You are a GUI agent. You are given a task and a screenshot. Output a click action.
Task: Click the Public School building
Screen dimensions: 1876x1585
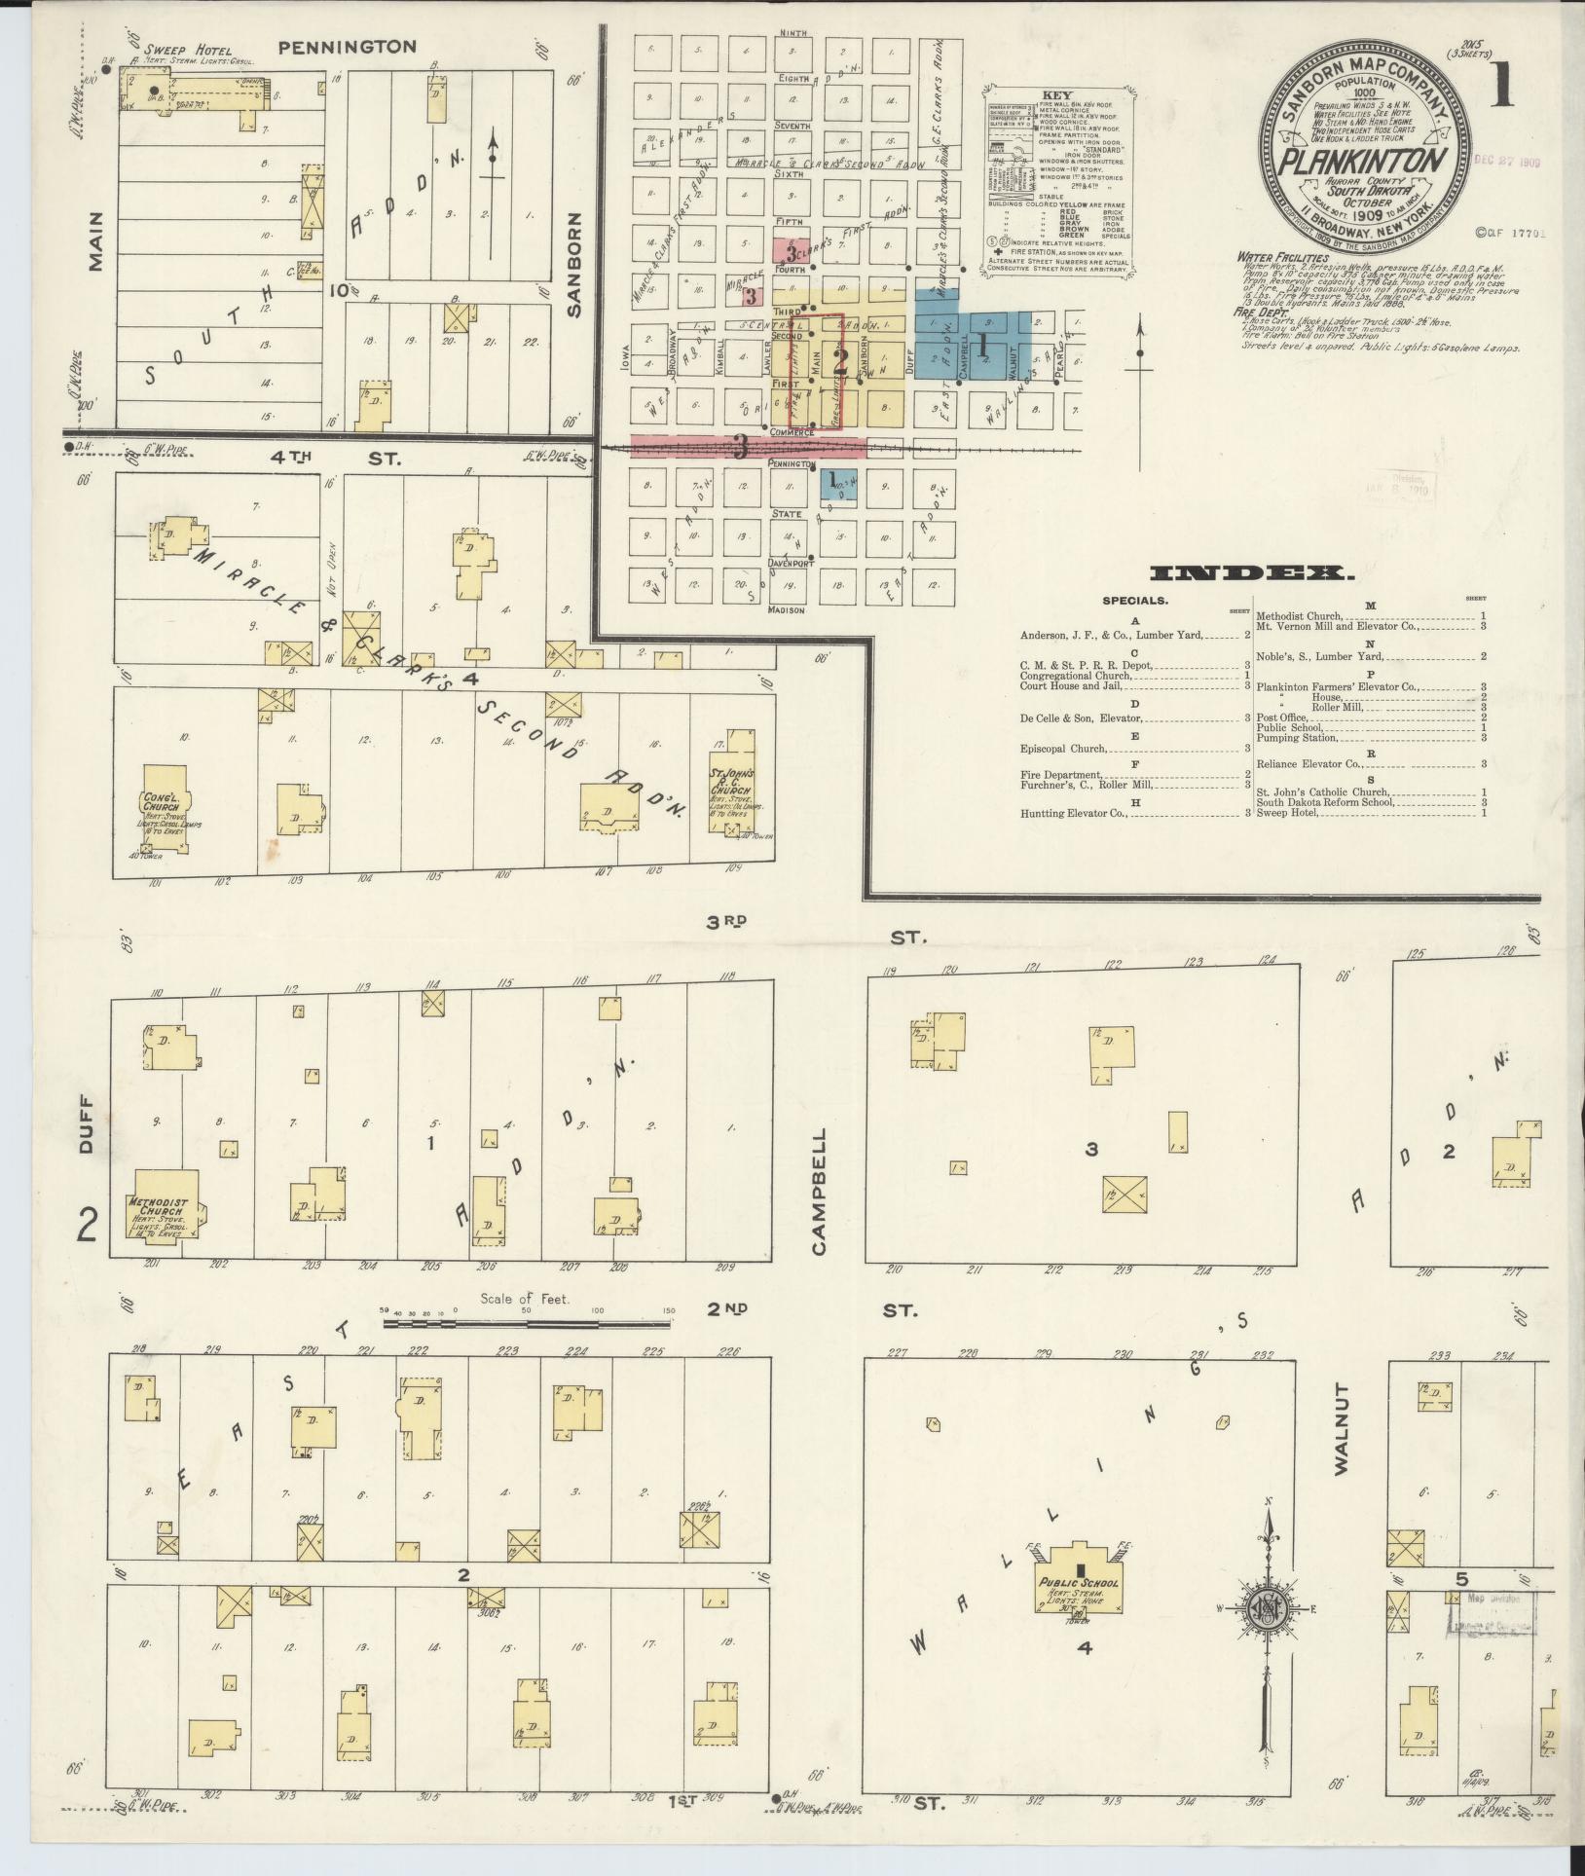(1079, 1588)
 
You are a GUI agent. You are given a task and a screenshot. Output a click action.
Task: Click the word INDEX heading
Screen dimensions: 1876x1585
(1250, 574)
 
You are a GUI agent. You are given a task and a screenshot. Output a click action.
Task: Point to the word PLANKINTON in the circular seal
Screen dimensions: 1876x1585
(1360, 162)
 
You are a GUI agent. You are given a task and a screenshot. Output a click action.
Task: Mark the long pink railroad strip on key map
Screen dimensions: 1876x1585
(748, 447)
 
